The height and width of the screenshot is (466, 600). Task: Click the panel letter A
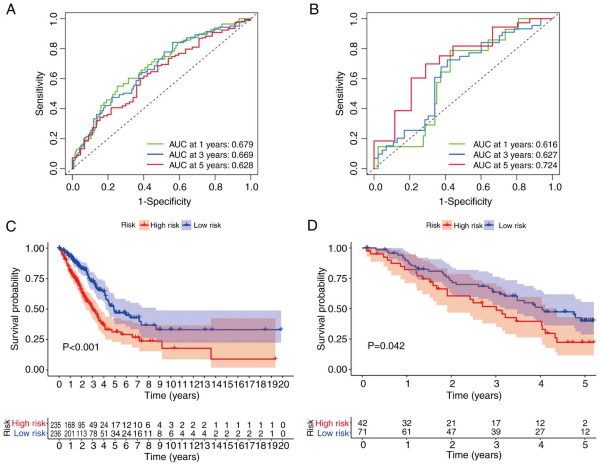[11, 9]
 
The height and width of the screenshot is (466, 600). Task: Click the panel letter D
[312, 225]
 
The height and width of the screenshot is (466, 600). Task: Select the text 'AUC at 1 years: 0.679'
[211, 144]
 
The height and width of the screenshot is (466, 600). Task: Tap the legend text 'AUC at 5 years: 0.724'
[515, 165]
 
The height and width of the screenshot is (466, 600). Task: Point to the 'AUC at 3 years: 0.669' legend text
[211, 155]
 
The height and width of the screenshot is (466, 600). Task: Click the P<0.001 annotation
[81, 347]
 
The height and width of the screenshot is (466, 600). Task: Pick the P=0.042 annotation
[386, 346]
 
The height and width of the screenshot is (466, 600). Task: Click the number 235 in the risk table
[56, 425]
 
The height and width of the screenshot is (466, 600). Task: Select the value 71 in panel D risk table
[362, 432]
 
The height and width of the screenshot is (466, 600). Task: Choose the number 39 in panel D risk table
[496, 432]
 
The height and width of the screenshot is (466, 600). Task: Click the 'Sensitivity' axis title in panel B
[340, 93]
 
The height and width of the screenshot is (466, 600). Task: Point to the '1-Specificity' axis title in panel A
[164, 202]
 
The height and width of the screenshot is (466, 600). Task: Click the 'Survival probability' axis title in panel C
[15, 309]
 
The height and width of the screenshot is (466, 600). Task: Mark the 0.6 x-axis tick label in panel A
[180, 187]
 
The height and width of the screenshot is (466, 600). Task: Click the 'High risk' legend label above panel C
[165, 225]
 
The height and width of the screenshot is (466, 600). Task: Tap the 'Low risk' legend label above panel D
[512, 226]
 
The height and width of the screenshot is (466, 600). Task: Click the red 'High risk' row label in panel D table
[332, 423]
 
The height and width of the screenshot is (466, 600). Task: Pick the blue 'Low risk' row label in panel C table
[30, 433]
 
